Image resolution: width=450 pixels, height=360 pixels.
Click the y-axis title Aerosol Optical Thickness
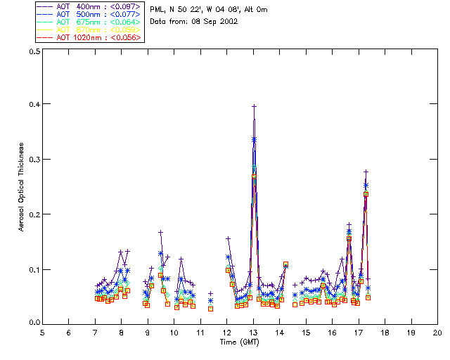22,186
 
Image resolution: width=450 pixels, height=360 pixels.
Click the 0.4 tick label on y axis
32,105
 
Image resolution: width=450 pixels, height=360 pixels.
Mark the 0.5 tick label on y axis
32,51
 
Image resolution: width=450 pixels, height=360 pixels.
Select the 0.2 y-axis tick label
32,214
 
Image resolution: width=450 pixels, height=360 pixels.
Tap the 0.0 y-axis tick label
32,323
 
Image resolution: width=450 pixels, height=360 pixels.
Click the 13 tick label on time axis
253,332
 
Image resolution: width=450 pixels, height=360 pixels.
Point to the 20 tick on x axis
437,332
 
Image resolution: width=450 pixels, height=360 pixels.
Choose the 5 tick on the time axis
42,332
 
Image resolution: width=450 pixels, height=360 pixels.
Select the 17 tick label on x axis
359,332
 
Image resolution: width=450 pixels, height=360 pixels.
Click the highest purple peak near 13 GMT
255,106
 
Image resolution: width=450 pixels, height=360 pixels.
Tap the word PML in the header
157,10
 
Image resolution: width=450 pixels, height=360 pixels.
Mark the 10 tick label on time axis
174,332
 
